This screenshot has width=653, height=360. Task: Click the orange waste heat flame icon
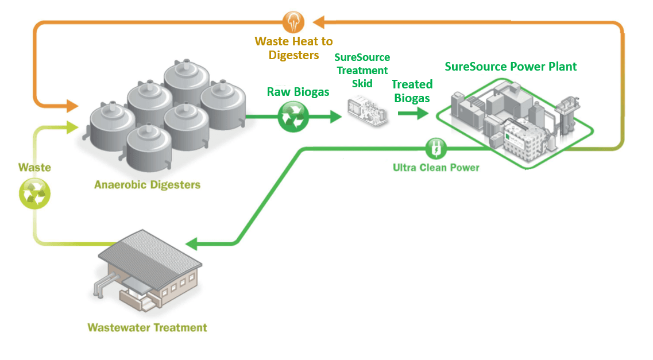point(293,22)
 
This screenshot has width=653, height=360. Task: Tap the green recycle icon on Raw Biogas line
point(293,117)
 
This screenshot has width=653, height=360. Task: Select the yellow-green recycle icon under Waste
point(35,193)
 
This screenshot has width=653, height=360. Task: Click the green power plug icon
point(435,149)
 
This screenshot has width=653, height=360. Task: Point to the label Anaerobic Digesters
point(148,185)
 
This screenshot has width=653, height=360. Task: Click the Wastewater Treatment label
point(147,328)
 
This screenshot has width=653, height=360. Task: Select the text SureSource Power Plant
point(511,67)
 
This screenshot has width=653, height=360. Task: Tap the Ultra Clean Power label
point(436,168)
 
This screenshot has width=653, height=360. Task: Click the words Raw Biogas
point(298,92)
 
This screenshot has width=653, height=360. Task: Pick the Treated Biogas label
point(411,91)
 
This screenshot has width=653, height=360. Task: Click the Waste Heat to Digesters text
point(293,49)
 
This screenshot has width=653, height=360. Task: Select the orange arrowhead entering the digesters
point(72,106)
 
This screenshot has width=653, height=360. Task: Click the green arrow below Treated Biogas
point(414,113)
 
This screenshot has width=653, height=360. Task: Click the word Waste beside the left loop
point(34,168)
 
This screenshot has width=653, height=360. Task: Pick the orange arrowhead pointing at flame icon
point(319,22)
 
